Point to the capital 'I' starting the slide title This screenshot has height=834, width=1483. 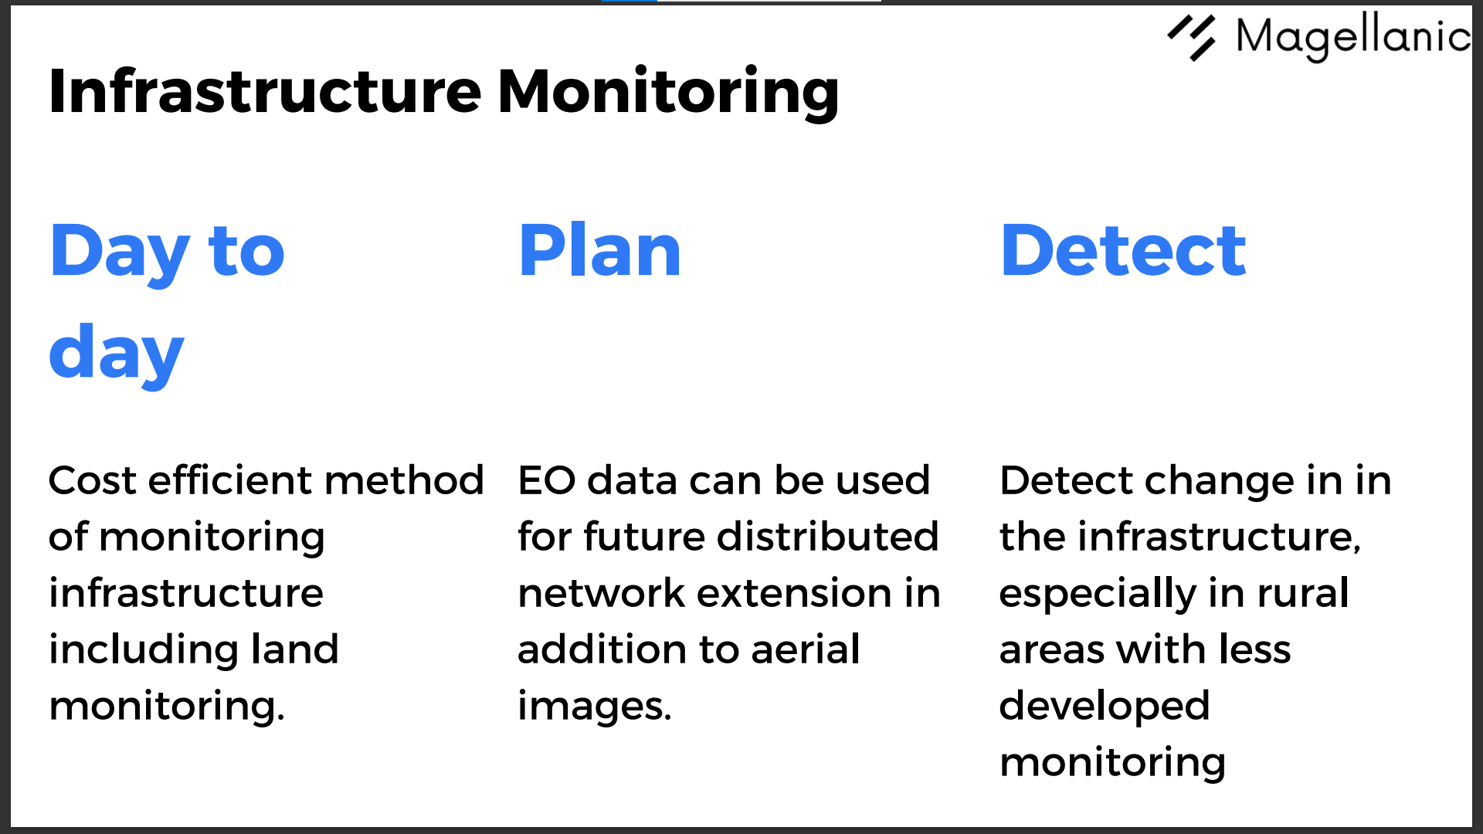[56, 91]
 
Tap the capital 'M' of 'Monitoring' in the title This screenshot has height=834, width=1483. [526, 91]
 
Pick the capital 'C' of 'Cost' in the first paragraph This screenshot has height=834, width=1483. [64, 480]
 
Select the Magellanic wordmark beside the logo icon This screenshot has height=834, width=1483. [1353, 36]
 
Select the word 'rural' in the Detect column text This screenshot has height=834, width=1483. [1303, 592]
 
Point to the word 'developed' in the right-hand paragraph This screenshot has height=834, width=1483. [1105, 707]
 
